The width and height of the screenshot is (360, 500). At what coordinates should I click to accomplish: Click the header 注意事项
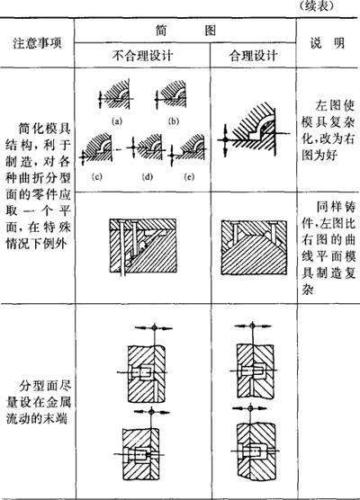pyautogui.click(x=37, y=43)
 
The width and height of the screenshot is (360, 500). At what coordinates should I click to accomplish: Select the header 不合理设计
pyautogui.click(x=142, y=56)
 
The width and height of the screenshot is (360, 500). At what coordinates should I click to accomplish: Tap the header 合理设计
pyautogui.click(x=253, y=56)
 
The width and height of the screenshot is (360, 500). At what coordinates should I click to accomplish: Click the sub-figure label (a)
pyautogui.click(x=117, y=121)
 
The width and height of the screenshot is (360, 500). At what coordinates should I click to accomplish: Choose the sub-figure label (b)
pyautogui.click(x=174, y=121)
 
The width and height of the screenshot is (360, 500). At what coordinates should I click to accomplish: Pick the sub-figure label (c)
pyautogui.click(x=96, y=176)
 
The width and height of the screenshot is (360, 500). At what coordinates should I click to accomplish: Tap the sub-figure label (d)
pyautogui.click(x=147, y=176)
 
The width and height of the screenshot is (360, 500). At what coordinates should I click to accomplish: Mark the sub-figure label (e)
pyautogui.click(x=189, y=176)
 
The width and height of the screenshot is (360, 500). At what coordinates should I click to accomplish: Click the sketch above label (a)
pyautogui.click(x=115, y=94)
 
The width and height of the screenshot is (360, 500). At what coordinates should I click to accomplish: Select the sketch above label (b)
pyautogui.click(x=171, y=94)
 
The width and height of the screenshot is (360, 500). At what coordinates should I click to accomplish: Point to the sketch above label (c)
pyautogui.click(x=96, y=149)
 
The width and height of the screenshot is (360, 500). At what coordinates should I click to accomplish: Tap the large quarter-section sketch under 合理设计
pyautogui.click(x=252, y=129)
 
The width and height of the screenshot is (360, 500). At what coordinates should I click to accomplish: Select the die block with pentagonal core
pyautogui.click(x=254, y=246)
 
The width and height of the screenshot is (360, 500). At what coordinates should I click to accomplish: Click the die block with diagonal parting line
pyautogui.click(x=143, y=246)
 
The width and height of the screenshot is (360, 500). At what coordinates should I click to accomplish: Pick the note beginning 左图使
pyautogui.click(x=328, y=130)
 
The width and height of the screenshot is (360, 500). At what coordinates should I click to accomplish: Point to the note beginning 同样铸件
pyautogui.click(x=328, y=248)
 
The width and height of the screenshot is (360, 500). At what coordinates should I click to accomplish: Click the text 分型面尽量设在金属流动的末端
pyautogui.click(x=39, y=402)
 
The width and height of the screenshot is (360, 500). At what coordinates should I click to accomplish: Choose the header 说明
pyautogui.click(x=327, y=43)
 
